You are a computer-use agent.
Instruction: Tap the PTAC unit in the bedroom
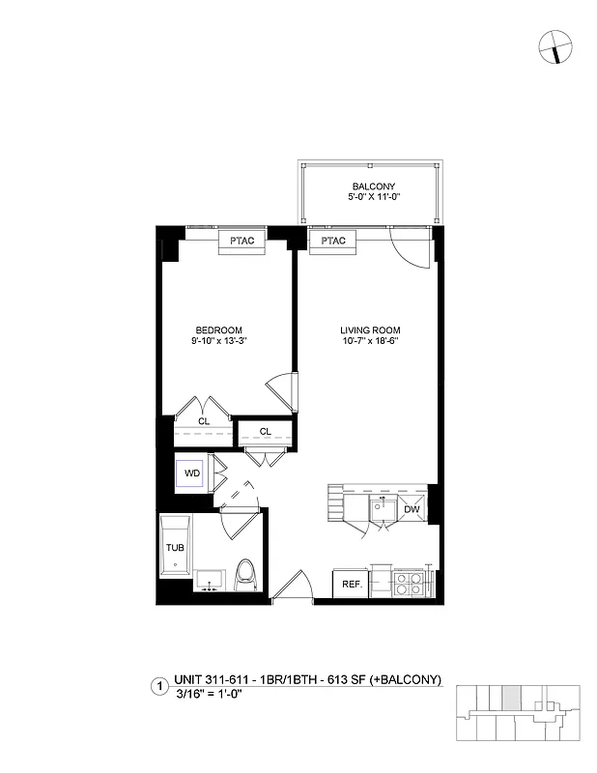pos(242,241)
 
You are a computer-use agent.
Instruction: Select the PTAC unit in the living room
pos(333,241)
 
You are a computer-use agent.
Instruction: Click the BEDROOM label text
pos(219,329)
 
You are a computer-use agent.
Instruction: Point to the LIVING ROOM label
pos(370,329)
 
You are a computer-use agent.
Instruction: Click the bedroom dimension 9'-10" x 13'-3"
pos(219,340)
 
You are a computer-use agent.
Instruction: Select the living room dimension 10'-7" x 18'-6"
pos(370,340)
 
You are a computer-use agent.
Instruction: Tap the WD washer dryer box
pos(192,474)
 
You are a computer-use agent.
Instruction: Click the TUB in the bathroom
pos(175,547)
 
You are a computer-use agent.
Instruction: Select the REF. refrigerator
pos(351,584)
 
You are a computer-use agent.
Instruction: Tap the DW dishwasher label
pos(412,509)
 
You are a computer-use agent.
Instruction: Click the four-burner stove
pos(407,583)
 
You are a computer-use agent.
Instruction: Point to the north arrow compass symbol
pos(554,45)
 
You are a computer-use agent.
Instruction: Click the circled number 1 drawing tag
pos(157,688)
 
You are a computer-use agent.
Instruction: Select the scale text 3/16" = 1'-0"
pos(208,694)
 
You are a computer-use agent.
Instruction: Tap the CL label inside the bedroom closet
pos(204,421)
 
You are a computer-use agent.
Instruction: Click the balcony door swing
pos(406,249)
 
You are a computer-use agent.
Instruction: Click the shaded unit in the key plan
pos(511,698)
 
